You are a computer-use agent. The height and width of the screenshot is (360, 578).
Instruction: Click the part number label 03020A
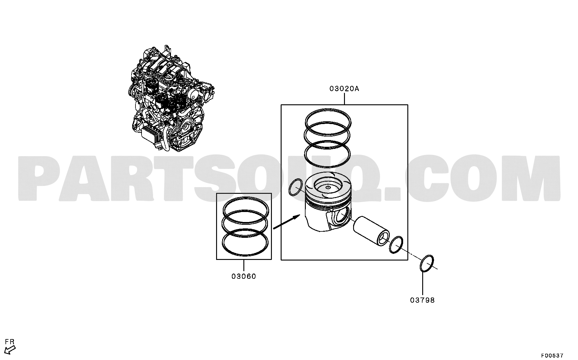click(344, 89)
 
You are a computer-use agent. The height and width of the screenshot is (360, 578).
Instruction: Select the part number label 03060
click(244, 276)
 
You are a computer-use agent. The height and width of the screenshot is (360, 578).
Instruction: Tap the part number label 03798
click(423, 300)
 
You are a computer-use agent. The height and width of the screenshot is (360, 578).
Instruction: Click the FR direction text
click(10, 342)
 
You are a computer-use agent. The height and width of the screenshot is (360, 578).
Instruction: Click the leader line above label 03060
click(244, 266)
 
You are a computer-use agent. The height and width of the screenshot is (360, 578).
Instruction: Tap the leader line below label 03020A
click(344, 99)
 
